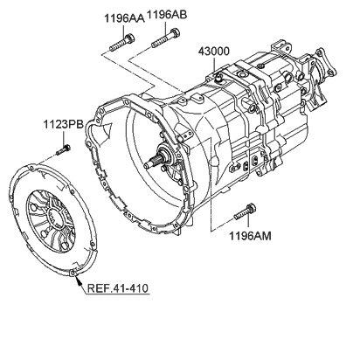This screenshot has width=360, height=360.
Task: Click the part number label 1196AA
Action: pos(124,18)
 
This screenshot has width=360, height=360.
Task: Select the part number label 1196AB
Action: pos(167,15)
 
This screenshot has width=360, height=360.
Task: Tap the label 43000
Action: pos(214,52)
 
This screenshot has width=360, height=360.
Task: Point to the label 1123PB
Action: pos(64,125)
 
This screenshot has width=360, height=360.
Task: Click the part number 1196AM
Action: pos(250,236)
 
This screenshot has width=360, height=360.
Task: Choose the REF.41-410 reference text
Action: pos(118,288)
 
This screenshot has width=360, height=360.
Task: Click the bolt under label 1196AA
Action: pos(121,43)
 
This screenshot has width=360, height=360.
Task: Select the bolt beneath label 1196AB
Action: pos(165,38)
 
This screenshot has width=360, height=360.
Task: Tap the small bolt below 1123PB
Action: pos(63,149)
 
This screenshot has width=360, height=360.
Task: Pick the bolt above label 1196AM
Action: pos(245,212)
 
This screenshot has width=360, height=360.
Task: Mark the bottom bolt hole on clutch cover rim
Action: pos(73,273)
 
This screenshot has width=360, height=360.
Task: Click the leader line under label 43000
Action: pos(215,66)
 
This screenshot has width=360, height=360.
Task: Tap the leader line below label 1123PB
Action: pos(64,137)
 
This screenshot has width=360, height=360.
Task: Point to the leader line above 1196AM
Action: pos(248,221)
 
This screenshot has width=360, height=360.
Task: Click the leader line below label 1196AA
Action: pos(124,31)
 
